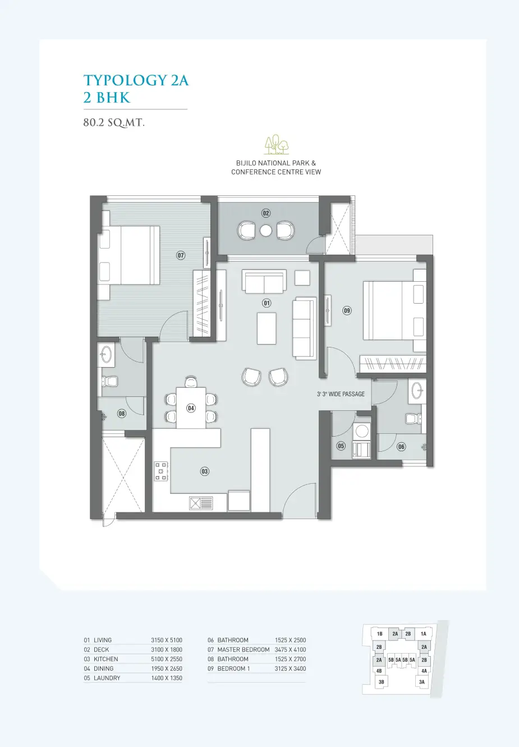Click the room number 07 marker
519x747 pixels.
(181, 255)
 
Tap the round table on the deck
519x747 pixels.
(265, 231)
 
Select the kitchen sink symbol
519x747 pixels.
(201, 503)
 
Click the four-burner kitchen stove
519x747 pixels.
(161, 471)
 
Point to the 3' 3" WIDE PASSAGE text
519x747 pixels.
(341, 394)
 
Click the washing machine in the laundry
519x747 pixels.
(362, 432)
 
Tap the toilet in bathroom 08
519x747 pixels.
(109, 381)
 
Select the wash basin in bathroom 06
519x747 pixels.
(417, 390)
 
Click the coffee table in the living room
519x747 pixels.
(267, 328)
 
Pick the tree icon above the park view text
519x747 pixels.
(277, 144)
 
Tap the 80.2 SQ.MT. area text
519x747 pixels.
(114, 122)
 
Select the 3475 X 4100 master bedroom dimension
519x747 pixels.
(290, 649)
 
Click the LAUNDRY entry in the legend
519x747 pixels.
(107, 678)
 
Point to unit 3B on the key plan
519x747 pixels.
(382, 682)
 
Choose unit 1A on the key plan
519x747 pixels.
(423, 634)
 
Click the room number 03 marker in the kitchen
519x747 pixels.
(205, 471)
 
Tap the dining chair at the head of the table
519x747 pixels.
(191, 382)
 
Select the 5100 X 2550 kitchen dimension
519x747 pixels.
(166, 659)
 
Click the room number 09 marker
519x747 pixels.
(347, 311)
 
